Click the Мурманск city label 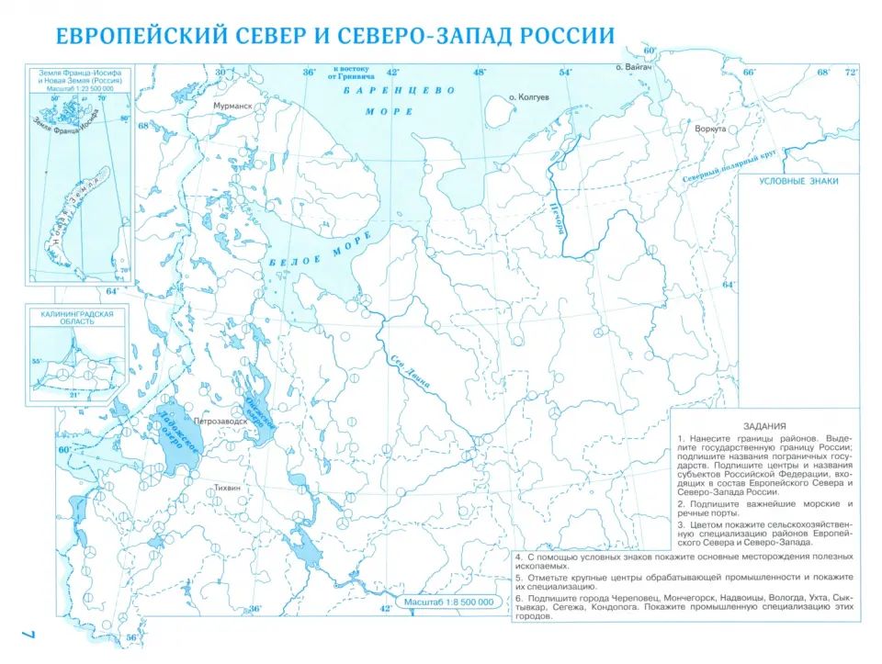232,107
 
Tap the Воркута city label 710,129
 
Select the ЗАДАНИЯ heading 764,425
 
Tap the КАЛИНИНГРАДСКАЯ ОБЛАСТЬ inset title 77,319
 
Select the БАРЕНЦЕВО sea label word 400,91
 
